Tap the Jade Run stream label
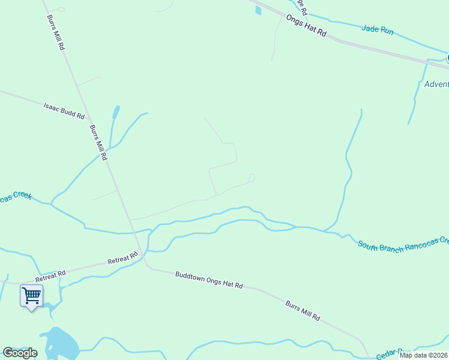(378, 29)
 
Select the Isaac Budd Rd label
(64, 110)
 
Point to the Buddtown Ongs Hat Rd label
(209, 280)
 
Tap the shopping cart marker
(31, 296)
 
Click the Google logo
(20, 353)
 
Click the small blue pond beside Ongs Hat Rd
(258, 10)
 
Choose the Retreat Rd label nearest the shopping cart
(50, 276)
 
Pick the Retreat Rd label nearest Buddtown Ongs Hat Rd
(122, 260)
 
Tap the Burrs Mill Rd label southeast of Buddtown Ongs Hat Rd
(303, 310)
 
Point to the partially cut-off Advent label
(436, 84)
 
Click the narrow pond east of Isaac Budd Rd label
(115, 112)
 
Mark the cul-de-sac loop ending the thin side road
(252, 178)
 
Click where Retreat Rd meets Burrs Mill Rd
(141, 254)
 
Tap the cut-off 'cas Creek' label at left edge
(15, 197)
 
